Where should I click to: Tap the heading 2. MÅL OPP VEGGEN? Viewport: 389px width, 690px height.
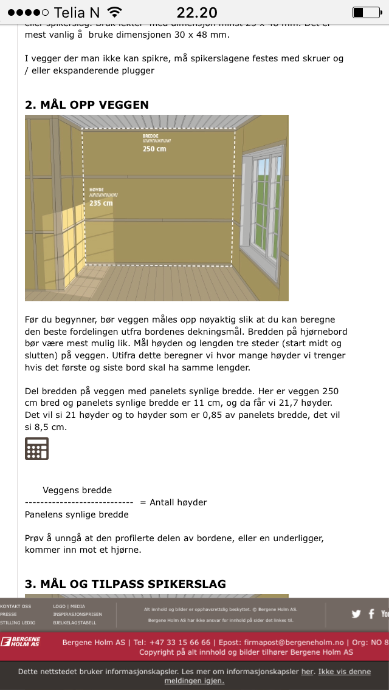click(x=87, y=104)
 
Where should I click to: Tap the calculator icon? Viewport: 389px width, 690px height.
click(x=36, y=448)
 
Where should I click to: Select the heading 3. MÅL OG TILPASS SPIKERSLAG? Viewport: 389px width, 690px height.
click(x=125, y=584)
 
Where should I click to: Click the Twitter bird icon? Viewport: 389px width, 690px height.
click(x=356, y=614)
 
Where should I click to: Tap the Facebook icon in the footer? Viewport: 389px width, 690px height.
click(x=371, y=614)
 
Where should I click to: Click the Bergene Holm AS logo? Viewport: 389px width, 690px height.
click(x=21, y=642)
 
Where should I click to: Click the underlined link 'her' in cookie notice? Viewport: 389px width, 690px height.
click(x=308, y=672)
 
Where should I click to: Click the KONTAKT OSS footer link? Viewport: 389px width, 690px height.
click(x=16, y=606)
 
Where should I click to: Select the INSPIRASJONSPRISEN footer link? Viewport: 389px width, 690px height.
click(x=77, y=614)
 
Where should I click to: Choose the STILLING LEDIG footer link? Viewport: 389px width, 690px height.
click(x=18, y=623)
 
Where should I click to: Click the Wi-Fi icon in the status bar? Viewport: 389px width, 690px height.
click(x=114, y=12)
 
